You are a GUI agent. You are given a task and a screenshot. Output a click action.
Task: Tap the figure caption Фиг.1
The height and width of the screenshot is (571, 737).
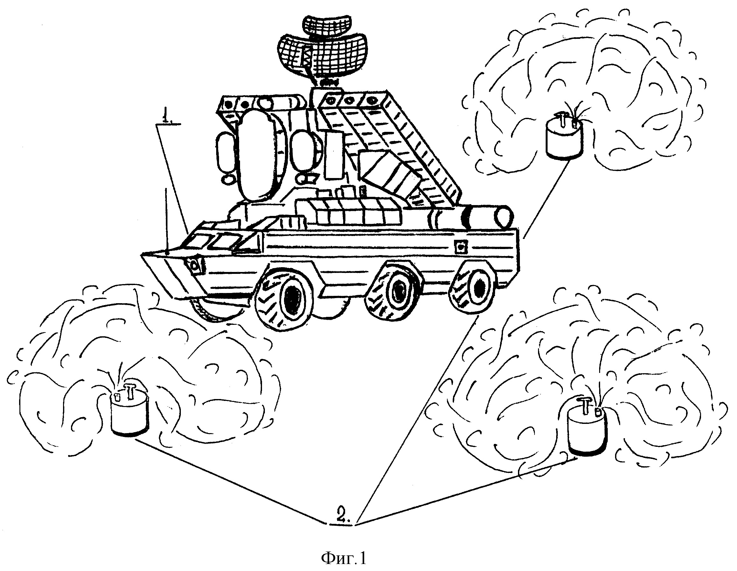(x=344, y=559)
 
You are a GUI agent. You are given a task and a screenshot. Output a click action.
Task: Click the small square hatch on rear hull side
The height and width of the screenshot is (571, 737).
(x=460, y=247)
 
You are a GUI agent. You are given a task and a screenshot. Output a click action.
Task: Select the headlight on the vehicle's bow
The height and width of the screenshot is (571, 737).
(x=195, y=266)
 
